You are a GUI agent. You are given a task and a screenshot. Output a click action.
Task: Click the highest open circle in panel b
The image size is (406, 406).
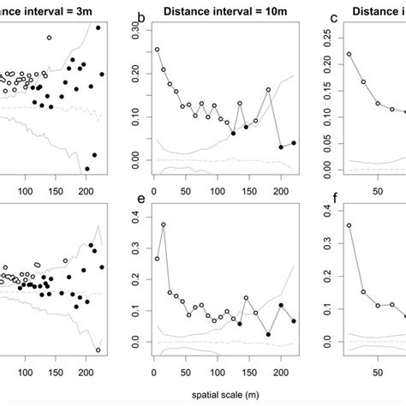pyautogui.click(x=157, y=51)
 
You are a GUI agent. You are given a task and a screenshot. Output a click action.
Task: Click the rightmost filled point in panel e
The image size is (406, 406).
pyautogui.click(x=293, y=321)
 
